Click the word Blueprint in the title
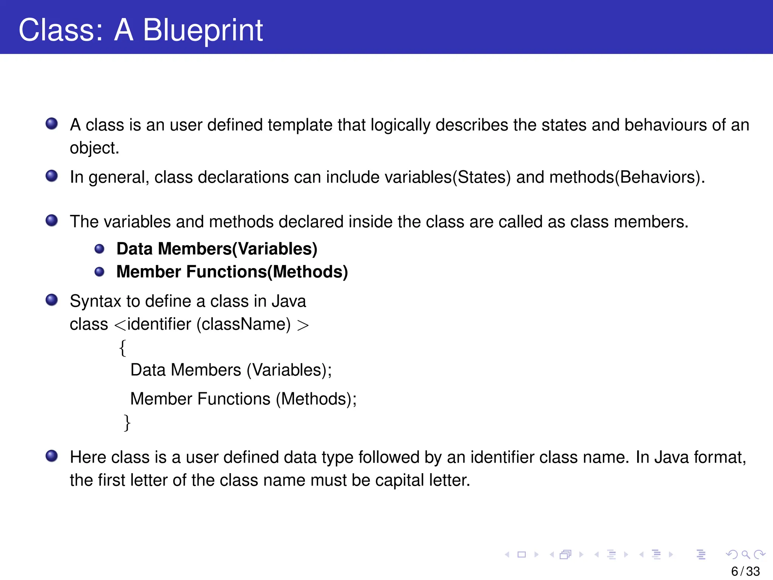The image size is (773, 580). pos(203,30)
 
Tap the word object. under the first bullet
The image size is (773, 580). pos(94,148)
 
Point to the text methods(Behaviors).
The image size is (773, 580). pos(627,177)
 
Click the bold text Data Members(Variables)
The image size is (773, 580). pos(217,249)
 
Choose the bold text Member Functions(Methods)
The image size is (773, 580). pos(232,272)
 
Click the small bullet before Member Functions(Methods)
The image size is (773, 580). pos(99,272)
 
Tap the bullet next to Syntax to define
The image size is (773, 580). pos(52,300)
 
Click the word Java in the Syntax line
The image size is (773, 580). pos(289,301)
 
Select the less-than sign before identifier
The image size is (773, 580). pos(120,325)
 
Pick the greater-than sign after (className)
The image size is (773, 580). pos(303,325)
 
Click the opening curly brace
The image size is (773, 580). pos(123,348)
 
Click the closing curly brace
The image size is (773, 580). pos(127,423)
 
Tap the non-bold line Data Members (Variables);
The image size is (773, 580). pos(231,370)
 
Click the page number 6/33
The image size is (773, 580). pos(745,571)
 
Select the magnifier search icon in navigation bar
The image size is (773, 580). pos(745,554)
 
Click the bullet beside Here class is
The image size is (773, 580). pos(52,456)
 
